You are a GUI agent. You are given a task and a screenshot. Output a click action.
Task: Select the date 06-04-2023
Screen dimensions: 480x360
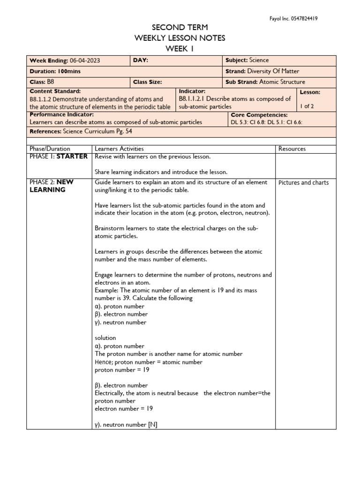point(84,60)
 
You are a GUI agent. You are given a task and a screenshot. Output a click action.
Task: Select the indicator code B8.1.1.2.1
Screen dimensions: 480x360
point(192,99)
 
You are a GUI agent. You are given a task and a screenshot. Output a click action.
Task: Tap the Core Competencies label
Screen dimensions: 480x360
point(259,115)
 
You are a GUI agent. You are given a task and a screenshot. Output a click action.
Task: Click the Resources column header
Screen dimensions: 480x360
point(292,149)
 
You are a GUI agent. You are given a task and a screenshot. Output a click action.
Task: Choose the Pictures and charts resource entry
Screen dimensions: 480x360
point(303,183)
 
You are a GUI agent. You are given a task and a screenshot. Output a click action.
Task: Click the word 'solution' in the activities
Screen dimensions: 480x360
point(105,338)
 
